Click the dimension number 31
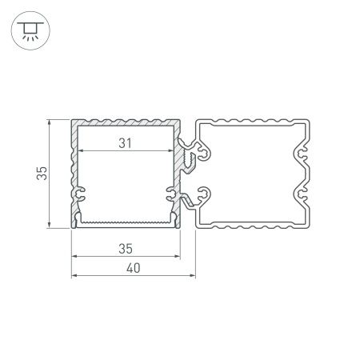point(123,143)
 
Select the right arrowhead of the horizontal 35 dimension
point(175,257)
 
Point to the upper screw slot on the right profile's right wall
point(303,150)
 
